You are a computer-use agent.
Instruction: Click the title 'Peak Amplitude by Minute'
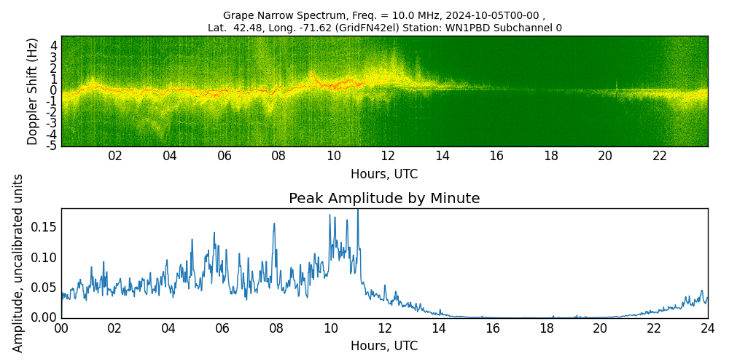(384, 199)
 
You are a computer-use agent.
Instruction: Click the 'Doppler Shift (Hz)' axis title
(32, 92)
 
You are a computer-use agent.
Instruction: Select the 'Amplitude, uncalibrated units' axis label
(18, 263)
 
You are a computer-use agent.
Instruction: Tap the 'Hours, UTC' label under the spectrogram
(384, 174)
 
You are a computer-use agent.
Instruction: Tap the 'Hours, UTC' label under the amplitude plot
(384, 346)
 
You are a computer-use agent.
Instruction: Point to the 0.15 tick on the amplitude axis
(44, 226)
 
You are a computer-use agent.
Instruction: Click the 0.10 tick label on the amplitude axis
(44, 257)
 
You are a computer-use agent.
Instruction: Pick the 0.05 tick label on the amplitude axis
(44, 288)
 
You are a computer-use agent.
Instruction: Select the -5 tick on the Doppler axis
(52, 146)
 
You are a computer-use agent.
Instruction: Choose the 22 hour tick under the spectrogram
(660, 156)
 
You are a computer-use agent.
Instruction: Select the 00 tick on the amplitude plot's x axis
(61, 328)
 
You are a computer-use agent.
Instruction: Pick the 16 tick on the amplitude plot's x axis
(492, 328)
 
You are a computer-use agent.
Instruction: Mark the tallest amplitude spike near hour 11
(358, 211)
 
